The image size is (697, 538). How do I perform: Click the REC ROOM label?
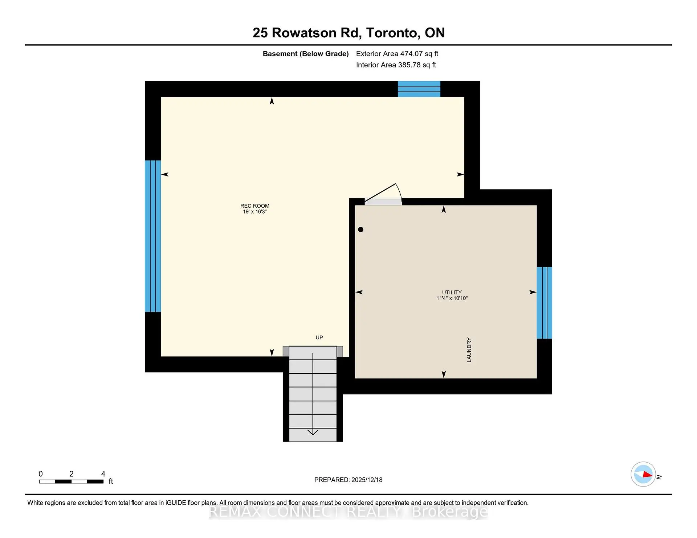(x=254, y=206)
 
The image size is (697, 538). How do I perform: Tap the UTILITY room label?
(x=452, y=292)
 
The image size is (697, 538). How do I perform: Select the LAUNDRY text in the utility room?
(x=469, y=350)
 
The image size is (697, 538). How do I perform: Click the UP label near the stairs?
(x=319, y=338)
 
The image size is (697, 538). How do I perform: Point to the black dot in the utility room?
(x=360, y=229)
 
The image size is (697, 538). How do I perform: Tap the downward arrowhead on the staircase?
(x=313, y=432)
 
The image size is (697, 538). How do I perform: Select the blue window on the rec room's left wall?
(x=153, y=236)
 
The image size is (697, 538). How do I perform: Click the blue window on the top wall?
(x=419, y=89)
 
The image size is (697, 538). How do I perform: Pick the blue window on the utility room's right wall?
(x=544, y=303)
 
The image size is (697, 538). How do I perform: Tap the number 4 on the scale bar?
(x=103, y=474)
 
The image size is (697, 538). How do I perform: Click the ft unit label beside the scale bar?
(x=111, y=481)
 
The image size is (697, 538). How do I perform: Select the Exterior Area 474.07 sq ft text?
(x=397, y=54)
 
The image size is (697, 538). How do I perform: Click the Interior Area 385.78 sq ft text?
(x=396, y=65)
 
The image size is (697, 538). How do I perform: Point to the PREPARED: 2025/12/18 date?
(x=348, y=480)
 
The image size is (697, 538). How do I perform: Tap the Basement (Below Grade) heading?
(x=305, y=54)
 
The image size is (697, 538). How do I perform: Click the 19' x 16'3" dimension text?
(x=254, y=212)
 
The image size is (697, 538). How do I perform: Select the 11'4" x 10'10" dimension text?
(x=452, y=298)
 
